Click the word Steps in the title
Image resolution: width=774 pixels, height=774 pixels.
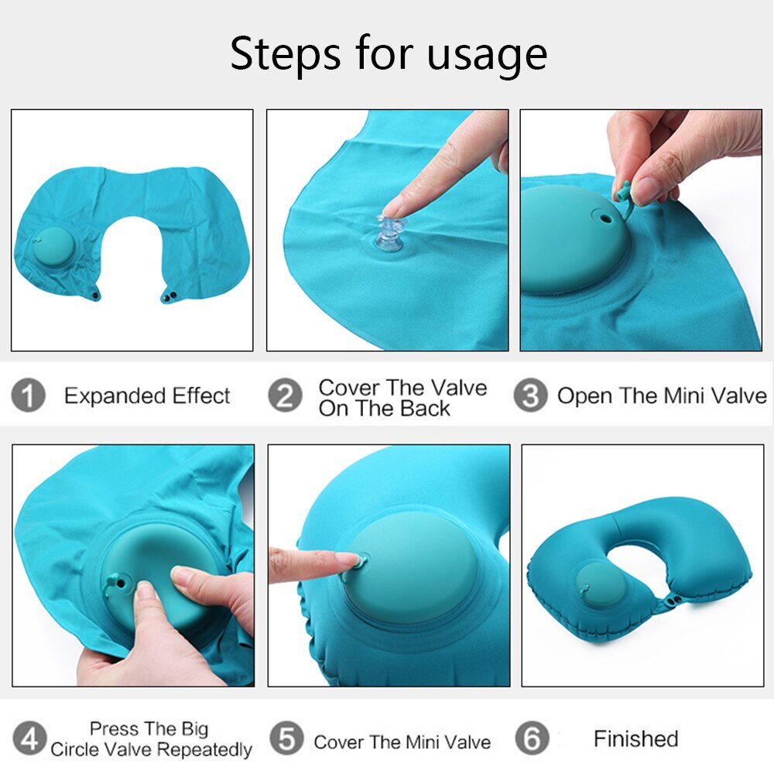pyautogui.click(x=286, y=54)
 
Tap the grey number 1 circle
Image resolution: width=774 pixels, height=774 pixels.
pyautogui.click(x=28, y=395)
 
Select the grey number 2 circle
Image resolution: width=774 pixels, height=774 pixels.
pyautogui.click(x=286, y=395)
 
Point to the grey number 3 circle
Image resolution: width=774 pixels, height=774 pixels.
pyautogui.click(x=530, y=395)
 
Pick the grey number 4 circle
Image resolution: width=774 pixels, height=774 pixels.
pyautogui.click(x=29, y=739)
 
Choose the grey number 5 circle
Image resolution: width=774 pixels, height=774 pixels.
pyautogui.click(x=287, y=738)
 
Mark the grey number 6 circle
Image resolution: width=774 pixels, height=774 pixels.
pyautogui.click(x=533, y=738)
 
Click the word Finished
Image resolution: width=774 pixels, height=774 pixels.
pyautogui.click(x=635, y=739)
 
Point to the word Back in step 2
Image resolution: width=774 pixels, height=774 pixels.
pyautogui.click(x=425, y=409)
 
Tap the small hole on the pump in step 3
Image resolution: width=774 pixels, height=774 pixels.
pyautogui.click(x=604, y=217)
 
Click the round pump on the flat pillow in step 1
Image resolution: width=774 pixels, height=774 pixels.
pyautogui.click(x=53, y=247)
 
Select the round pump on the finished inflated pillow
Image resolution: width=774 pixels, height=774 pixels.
pyautogui.click(x=601, y=585)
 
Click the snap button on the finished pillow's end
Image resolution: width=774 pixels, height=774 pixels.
pyautogui.click(x=673, y=601)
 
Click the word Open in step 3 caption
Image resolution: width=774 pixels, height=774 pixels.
pyautogui.click(x=584, y=396)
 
